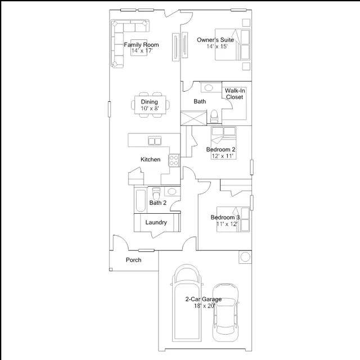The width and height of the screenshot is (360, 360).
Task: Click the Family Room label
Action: point(141,44)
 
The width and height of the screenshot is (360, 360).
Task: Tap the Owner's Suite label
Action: point(215,40)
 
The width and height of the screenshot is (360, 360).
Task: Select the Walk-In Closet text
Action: point(234,93)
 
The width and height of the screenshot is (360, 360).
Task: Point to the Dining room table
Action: point(149,105)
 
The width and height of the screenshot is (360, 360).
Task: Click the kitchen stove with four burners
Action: point(174,160)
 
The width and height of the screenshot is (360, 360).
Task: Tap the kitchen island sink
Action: point(155,140)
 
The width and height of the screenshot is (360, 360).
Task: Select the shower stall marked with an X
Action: point(192,119)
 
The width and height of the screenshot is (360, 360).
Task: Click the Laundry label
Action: point(156,222)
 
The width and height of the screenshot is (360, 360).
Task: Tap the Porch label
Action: point(133,260)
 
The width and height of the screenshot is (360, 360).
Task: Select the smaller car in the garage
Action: point(225,312)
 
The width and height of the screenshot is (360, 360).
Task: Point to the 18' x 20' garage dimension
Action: point(204,306)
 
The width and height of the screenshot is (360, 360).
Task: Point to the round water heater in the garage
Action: point(245,257)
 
